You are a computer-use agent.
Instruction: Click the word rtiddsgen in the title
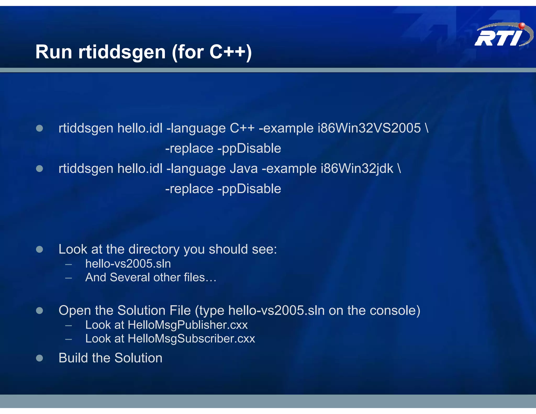pyautogui.click(x=122, y=52)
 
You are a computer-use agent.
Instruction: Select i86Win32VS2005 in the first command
pyautogui.click(x=369, y=128)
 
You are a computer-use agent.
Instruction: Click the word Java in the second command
pyautogui.click(x=243, y=168)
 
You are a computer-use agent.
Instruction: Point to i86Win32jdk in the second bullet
pyautogui.click(x=357, y=169)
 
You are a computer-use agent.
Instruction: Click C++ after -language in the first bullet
pyautogui.click(x=242, y=128)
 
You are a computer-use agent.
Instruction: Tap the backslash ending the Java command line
pyautogui.click(x=399, y=168)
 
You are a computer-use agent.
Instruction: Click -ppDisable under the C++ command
pyautogui.click(x=249, y=148)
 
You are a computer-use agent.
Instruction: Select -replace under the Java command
pyautogui.click(x=189, y=189)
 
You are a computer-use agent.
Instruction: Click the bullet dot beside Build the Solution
pyautogui.click(x=40, y=358)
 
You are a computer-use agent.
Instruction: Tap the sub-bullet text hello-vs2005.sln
pyautogui.click(x=128, y=264)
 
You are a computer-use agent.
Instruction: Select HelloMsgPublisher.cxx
pyautogui.click(x=187, y=325)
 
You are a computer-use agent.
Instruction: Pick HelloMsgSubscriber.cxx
pyautogui.click(x=191, y=339)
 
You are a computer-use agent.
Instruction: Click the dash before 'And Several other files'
pyautogui.click(x=69, y=278)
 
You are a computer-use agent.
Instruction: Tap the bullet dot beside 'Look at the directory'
pyautogui.click(x=40, y=249)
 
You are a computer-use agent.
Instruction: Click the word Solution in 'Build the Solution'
pyautogui.click(x=138, y=358)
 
